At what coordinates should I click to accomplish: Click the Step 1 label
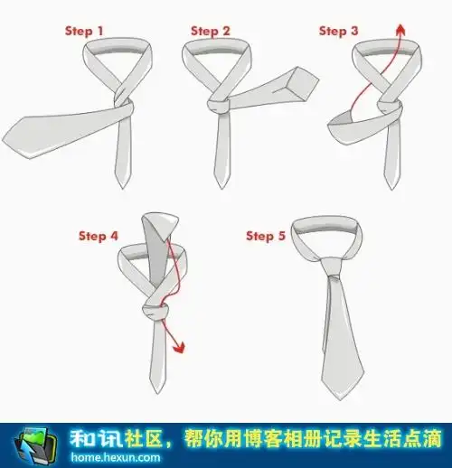point(84,31)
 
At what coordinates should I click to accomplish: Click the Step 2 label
point(211,31)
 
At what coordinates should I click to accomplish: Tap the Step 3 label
point(339,31)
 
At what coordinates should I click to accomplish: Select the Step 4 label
point(98,237)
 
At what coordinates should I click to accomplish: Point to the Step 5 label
point(266,237)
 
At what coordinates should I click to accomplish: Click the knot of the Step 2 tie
point(221,107)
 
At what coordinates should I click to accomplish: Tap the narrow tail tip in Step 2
point(220,185)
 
